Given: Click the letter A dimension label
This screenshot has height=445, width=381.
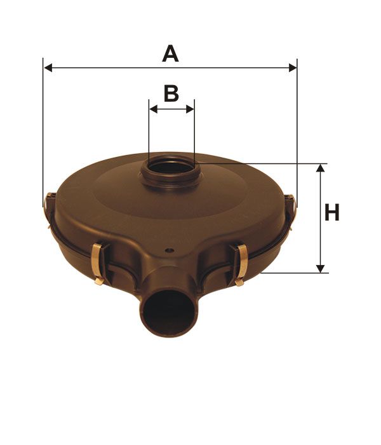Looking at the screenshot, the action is [x=170, y=53].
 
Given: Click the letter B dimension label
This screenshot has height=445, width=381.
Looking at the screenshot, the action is [x=171, y=93].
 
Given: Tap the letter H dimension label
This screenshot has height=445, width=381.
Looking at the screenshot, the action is [x=331, y=212].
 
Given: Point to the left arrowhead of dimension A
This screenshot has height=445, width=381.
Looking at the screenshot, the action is [x=48, y=68].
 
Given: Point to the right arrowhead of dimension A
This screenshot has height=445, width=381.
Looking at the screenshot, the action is [x=293, y=68].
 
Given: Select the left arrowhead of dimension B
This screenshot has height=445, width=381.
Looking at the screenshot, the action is [x=154, y=109].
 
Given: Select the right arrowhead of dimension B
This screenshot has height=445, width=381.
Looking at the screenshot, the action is [x=190, y=109].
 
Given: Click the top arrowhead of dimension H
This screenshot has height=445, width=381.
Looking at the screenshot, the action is [x=320, y=168].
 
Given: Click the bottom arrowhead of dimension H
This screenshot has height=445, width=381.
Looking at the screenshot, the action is [x=320, y=268].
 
